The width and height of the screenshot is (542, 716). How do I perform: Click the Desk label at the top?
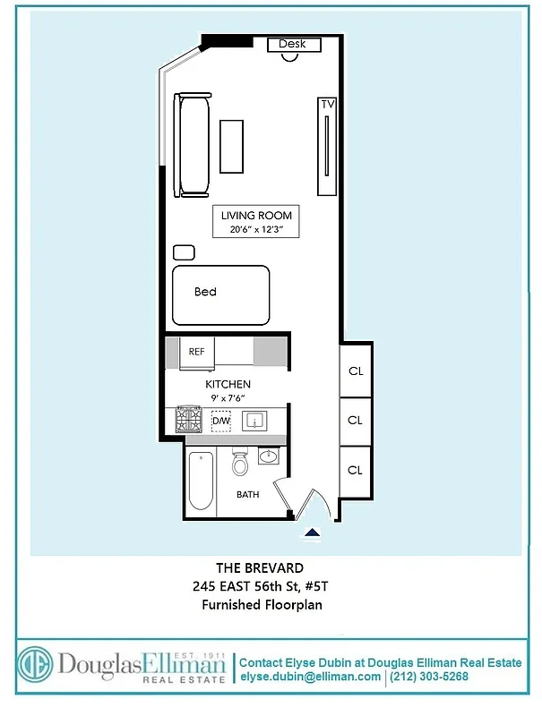click(292, 44)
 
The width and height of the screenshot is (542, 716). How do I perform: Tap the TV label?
click(328, 105)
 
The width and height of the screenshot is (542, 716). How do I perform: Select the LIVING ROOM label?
click(256, 216)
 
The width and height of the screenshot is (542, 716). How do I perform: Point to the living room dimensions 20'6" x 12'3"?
click(256, 229)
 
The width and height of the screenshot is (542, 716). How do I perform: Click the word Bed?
click(205, 292)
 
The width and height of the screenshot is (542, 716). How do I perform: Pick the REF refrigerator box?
click(197, 352)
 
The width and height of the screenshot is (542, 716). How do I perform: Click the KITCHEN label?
click(228, 384)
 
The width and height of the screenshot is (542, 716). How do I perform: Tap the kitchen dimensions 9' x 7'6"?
click(228, 398)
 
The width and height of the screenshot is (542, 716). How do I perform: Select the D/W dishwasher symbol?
click(220, 421)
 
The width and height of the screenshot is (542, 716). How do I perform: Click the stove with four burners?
click(188, 420)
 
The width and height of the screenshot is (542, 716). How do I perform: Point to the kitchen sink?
click(257, 420)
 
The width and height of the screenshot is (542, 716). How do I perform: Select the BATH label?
click(248, 494)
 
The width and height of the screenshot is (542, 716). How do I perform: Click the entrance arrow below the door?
click(312, 533)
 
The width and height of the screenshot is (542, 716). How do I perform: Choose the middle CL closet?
click(355, 420)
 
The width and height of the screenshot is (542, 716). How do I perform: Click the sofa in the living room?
click(194, 145)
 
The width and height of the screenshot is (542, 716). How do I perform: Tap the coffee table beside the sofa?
click(232, 146)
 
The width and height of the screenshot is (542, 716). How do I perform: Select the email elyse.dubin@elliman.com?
click(311, 677)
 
